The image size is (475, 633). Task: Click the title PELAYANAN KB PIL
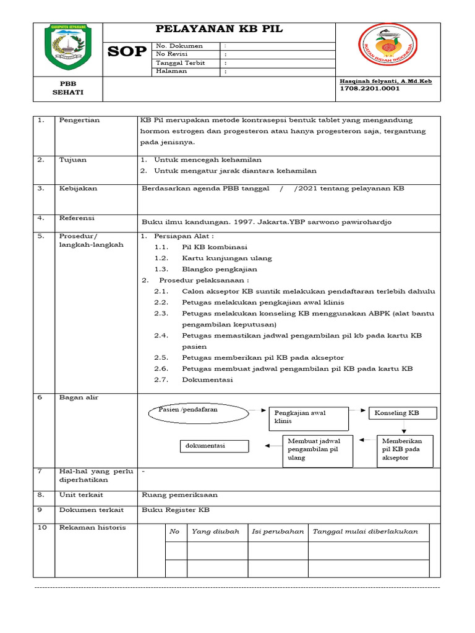219,30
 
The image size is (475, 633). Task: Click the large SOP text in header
127,53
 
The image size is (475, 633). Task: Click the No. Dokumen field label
179,46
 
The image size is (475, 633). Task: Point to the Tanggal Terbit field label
182,62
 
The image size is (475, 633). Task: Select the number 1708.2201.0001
370,88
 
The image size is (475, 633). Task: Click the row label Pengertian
79,120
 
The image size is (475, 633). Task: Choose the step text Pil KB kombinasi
214,247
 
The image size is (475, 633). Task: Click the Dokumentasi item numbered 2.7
207,380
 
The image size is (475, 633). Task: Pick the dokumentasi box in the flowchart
215,446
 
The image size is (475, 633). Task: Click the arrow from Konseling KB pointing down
403,428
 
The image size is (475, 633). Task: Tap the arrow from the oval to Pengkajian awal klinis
257,410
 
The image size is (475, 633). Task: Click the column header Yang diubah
215,532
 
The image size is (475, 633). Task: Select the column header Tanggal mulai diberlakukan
366,532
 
